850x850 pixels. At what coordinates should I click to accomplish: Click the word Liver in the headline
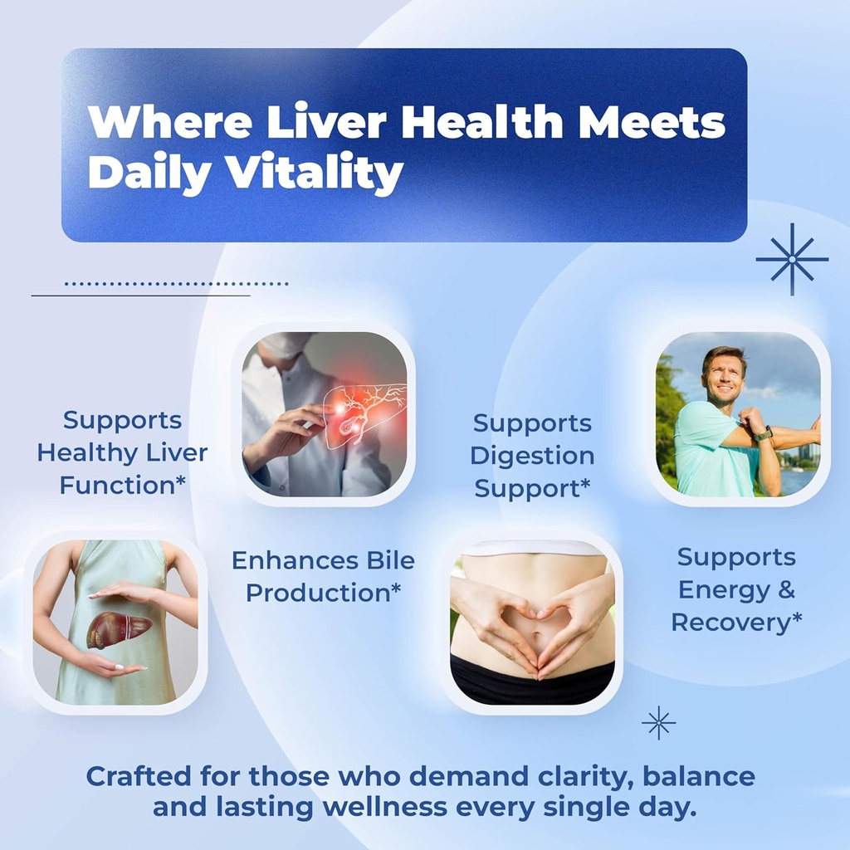pyautogui.click(x=326, y=122)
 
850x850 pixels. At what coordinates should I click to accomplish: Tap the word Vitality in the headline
pyautogui.click(x=314, y=173)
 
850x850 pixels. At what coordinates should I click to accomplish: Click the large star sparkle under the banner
pyautogui.click(x=792, y=259)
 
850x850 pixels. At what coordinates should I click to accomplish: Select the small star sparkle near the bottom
pyautogui.click(x=658, y=723)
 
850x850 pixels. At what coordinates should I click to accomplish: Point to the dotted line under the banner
pyautogui.click(x=176, y=284)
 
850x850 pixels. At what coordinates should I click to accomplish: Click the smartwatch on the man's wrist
pyautogui.click(x=764, y=433)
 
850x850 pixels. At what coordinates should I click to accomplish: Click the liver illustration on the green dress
pyautogui.click(x=119, y=630)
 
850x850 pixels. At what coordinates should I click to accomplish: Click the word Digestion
pyautogui.click(x=532, y=457)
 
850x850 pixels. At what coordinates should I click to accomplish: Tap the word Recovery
pyautogui.click(x=732, y=623)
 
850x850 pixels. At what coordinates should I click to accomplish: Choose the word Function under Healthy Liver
pyautogui.click(x=118, y=485)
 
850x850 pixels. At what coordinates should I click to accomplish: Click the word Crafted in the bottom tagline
pyautogui.click(x=139, y=776)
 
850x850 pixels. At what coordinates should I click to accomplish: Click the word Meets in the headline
pyautogui.click(x=652, y=122)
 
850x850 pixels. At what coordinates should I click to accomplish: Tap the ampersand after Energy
pyautogui.click(x=785, y=589)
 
